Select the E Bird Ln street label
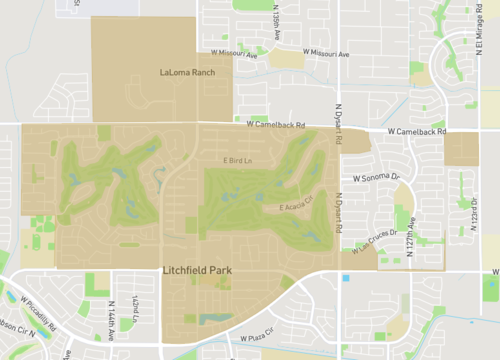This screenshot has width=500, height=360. pos(237,160)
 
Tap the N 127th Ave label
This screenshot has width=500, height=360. pos(411,241)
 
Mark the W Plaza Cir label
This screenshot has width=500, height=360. pos(260,338)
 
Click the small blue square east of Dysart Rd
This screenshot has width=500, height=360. pos(346,277)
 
